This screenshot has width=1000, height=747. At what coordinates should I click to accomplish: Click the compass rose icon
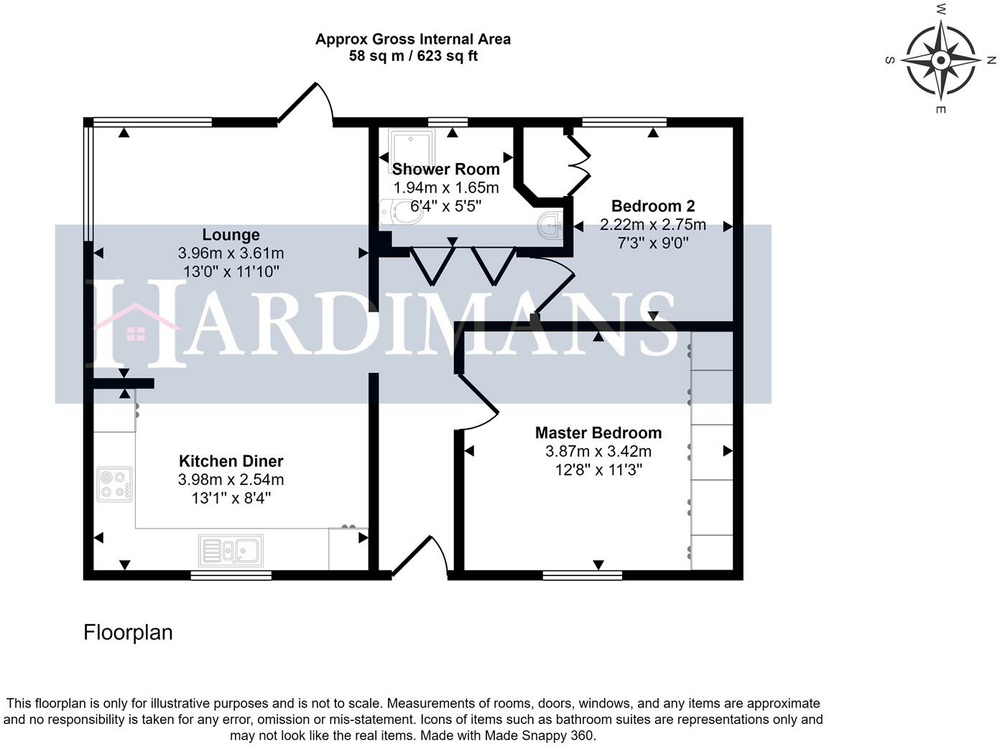pos(940,59)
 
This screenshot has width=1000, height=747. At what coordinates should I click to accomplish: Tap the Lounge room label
pos(231,235)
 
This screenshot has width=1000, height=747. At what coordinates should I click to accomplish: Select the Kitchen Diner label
pos(231,461)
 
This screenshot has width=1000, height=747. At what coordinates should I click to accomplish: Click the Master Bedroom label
pos(598,433)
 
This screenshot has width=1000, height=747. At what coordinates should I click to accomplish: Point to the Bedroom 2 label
pos(652,206)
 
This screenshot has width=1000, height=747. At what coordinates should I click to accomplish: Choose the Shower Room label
pos(445,170)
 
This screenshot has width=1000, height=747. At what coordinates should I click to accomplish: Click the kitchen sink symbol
pos(231,551)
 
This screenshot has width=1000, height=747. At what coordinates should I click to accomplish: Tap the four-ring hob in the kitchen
pos(115,483)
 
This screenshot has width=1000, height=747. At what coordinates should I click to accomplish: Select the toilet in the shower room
pos(402,212)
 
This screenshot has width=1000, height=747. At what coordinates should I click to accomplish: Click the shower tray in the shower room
pos(411,146)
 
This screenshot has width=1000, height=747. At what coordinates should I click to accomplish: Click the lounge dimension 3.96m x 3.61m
pos(231,254)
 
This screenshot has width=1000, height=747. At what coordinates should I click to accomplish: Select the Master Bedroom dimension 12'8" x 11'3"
pos(598,470)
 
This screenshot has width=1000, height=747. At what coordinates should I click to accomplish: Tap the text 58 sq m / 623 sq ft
pos(413,56)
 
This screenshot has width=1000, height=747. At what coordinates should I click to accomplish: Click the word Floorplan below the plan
pos(128,633)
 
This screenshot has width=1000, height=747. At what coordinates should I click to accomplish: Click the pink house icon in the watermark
pos(136,325)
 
